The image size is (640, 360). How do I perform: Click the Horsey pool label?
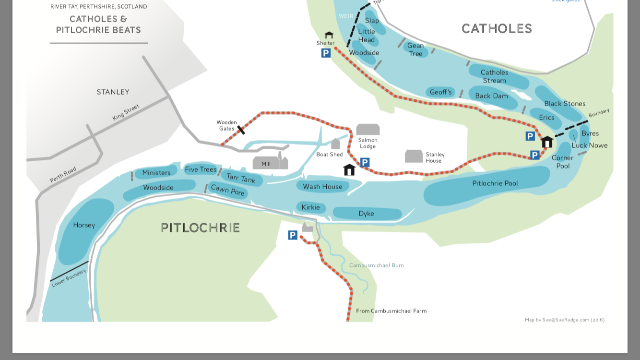84,225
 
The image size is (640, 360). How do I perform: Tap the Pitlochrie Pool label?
495,183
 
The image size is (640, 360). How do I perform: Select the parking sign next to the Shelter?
326,53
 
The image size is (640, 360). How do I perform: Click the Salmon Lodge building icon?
368,130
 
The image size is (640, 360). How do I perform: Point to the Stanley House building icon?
414,156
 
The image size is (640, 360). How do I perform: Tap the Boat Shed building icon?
335,144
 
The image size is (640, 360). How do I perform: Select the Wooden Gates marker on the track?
241,130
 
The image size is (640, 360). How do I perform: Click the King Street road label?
126,112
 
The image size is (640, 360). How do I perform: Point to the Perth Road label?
63,175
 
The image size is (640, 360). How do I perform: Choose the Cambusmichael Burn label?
376,265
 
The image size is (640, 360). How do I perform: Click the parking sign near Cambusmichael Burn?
293,235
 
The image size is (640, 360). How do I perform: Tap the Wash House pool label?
322,187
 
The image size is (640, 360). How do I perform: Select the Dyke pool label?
366,214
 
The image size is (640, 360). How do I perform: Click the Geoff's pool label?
440,92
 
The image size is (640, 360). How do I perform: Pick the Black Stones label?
564,104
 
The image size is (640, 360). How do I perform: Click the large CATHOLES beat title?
497,29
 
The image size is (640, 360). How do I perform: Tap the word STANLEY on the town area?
113,92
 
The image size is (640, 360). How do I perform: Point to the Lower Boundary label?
69,278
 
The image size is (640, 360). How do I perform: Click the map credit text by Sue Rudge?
564,320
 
